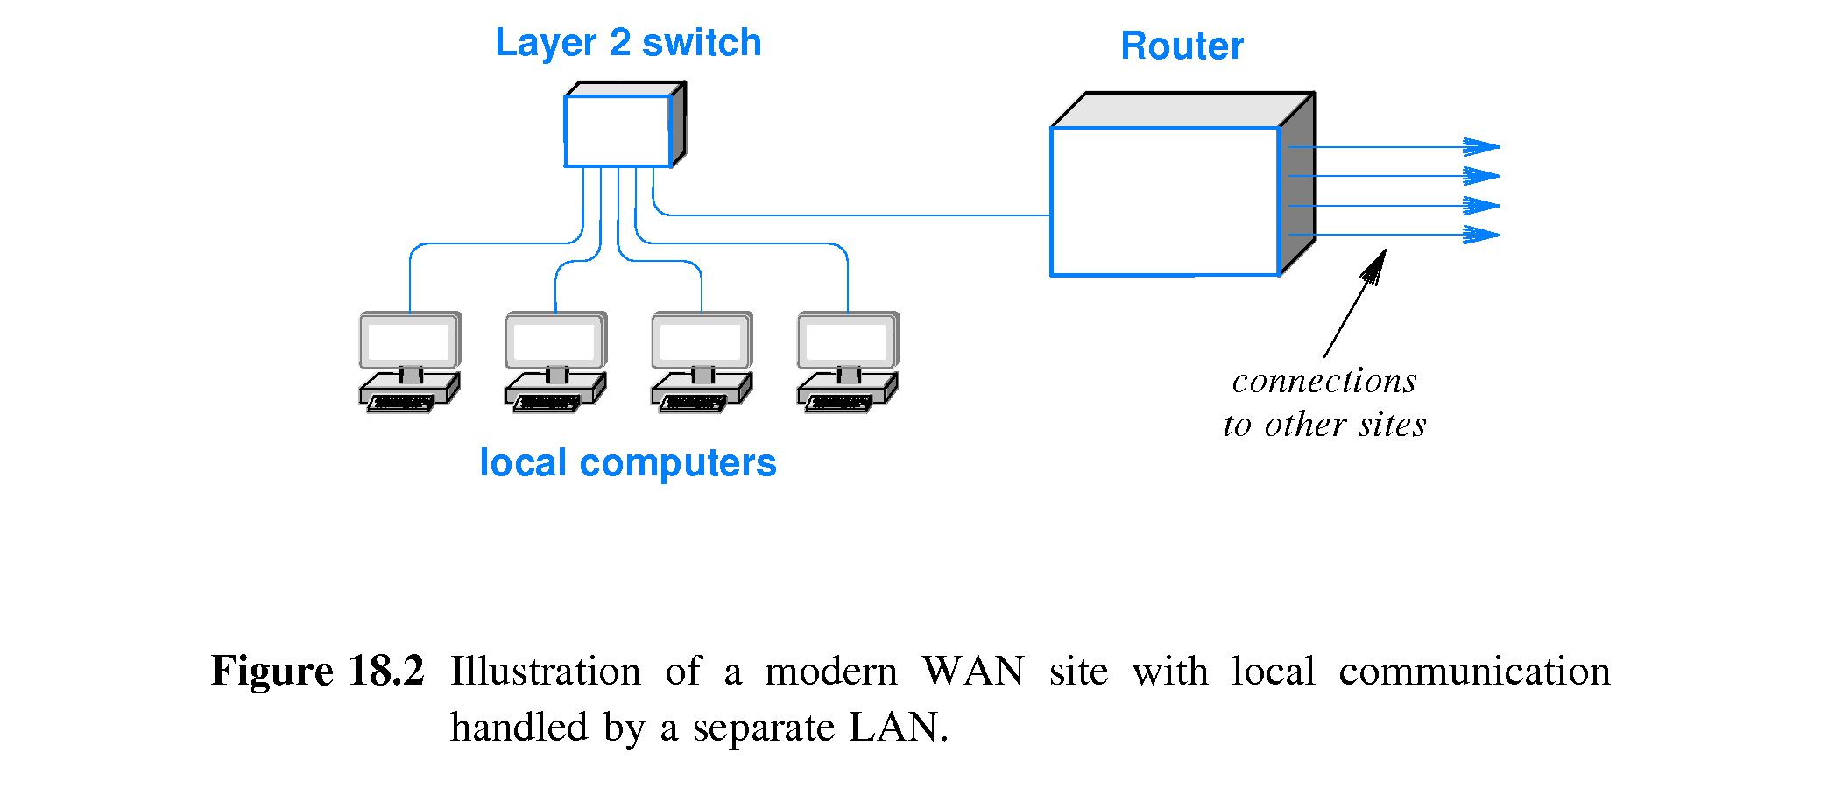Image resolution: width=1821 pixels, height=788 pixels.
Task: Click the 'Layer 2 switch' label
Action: (628, 43)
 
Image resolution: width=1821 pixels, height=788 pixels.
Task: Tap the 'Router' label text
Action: (1182, 46)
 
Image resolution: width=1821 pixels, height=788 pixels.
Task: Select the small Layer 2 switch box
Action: (618, 131)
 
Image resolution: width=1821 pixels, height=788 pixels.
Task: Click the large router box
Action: (1165, 201)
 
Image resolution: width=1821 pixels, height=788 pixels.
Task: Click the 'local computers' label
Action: (628, 463)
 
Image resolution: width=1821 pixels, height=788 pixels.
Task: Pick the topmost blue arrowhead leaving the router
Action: (1482, 147)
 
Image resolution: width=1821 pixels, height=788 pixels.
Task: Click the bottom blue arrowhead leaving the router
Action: (1482, 235)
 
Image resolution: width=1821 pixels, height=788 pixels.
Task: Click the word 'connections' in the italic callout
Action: (1324, 382)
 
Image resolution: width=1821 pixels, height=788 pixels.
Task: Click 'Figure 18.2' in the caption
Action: (317, 672)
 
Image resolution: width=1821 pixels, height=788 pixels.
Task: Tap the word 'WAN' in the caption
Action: (973, 672)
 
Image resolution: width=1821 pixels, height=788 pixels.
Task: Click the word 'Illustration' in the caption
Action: (546, 672)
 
